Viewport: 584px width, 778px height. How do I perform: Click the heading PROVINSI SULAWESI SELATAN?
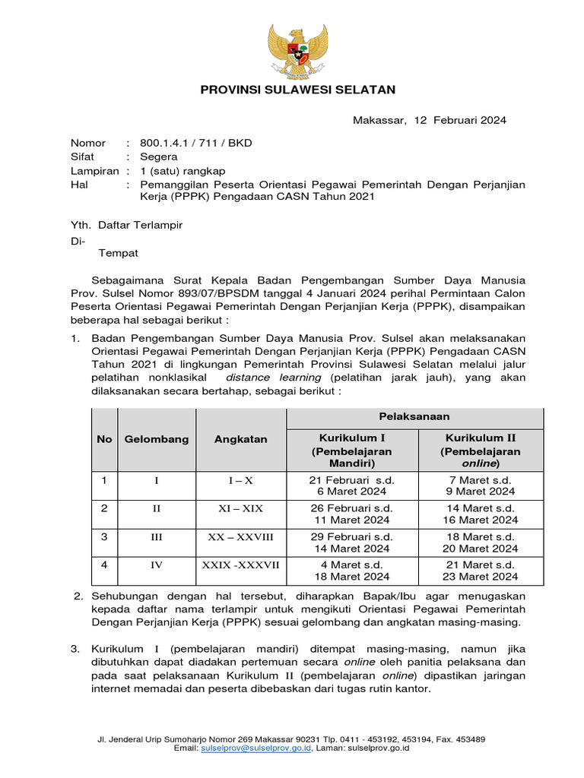297,90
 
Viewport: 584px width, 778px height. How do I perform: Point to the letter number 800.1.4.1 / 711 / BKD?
195,143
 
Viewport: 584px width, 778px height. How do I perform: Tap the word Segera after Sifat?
159,157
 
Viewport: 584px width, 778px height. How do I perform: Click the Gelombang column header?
157,439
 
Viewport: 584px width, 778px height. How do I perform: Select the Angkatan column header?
240,439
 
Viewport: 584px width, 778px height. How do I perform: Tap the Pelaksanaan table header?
414,416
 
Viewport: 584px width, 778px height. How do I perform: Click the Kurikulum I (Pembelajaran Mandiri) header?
351,450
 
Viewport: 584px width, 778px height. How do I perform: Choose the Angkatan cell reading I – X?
240,480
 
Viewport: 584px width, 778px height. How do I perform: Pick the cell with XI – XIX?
240,509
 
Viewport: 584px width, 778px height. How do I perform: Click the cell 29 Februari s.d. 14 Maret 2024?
351,542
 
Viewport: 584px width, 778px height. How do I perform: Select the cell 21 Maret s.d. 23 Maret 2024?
480,571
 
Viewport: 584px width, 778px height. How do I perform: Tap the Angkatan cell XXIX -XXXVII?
240,565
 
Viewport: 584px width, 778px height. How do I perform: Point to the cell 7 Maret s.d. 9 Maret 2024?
480,485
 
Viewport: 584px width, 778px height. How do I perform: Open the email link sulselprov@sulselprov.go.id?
255,748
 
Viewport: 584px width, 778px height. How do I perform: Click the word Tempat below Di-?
118,253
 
